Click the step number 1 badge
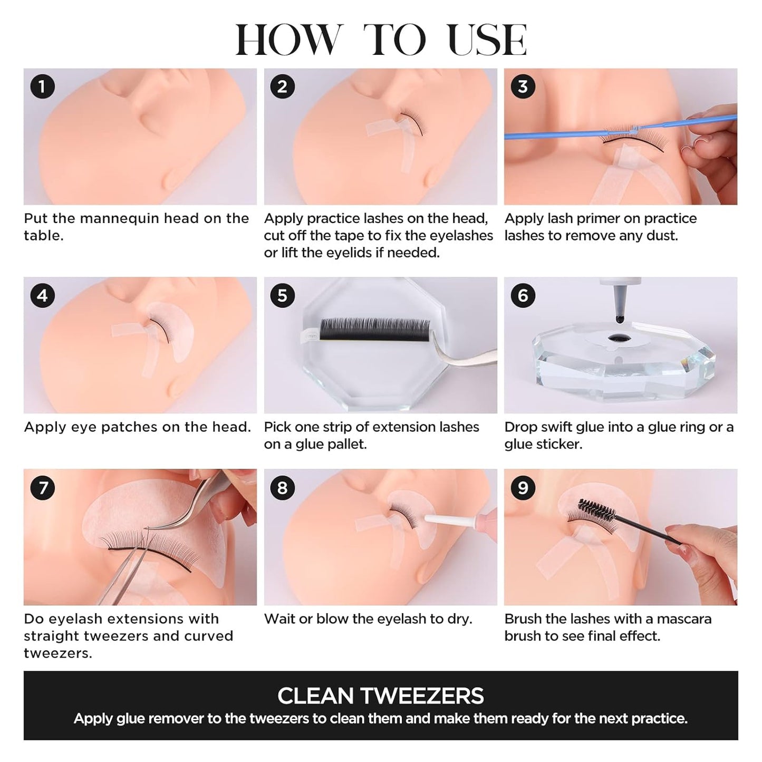coord(42,86)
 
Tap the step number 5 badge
coord(282,295)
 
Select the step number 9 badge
coord(523,487)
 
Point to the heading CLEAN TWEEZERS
coord(380,696)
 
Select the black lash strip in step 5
coord(374,329)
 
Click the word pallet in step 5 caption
coord(348,444)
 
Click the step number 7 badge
coord(42,487)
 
